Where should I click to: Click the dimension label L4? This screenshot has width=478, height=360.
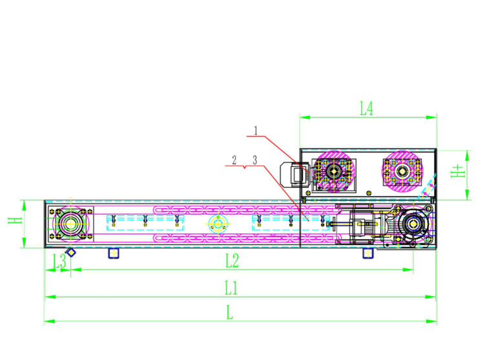(x=366, y=109)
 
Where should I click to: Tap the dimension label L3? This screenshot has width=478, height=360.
(x=59, y=261)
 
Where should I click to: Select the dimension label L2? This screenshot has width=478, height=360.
(x=232, y=261)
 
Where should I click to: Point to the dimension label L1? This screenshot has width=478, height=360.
(x=231, y=288)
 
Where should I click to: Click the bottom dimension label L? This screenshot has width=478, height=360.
(x=229, y=313)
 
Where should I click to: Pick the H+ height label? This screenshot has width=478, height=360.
(x=458, y=171)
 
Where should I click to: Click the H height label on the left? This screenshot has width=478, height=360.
(x=16, y=220)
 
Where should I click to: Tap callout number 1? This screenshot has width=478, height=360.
(x=256, y=131)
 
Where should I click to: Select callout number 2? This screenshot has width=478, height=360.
(x=234, y=160)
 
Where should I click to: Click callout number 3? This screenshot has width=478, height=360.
(x=255, y=160)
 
